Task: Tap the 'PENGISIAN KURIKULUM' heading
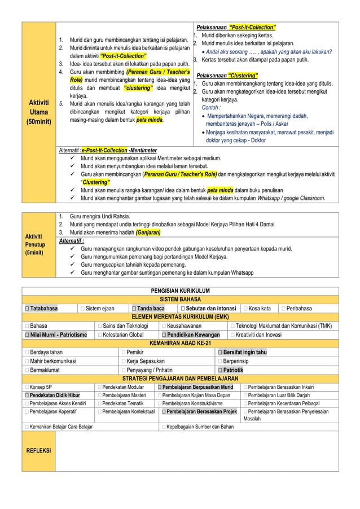coord(180,291)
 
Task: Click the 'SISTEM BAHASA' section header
coord(180,299)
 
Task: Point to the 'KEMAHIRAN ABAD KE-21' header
coord(180,343)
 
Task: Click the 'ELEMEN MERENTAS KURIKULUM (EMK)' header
coord(180,317)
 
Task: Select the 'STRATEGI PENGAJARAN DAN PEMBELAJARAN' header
coord(180,378)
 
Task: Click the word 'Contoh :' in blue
coord(212,107)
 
